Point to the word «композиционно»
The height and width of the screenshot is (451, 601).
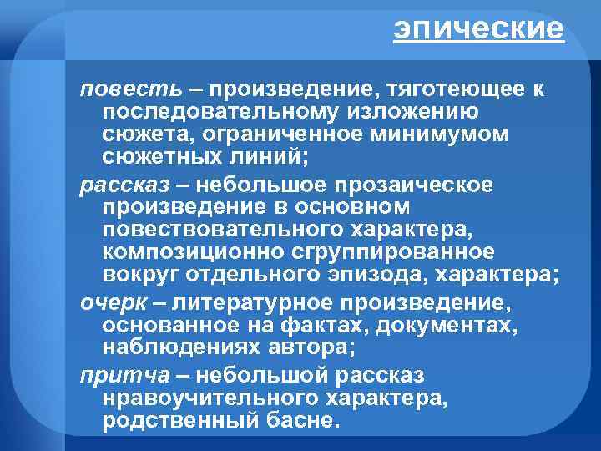pos(184,251)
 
